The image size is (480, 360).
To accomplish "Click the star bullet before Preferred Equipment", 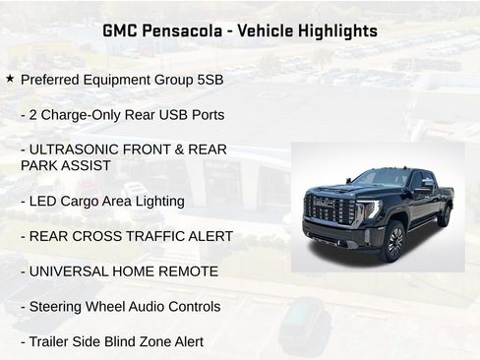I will (10, 77).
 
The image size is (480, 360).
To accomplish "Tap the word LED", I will (45, 201).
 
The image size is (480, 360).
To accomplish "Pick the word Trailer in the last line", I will (54, 341).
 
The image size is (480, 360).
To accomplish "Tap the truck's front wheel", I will (391, 240).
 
